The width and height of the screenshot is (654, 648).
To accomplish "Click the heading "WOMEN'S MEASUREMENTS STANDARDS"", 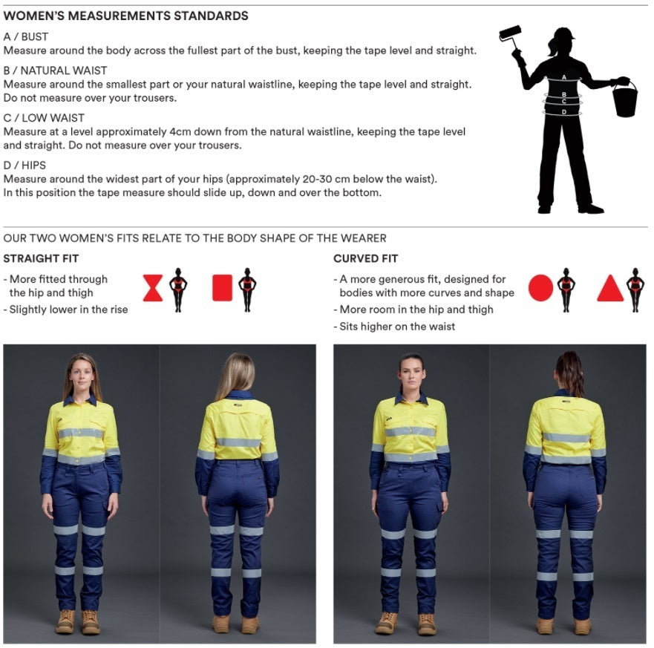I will click(125, 16).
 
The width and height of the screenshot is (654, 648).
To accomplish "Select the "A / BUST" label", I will click(26, 36).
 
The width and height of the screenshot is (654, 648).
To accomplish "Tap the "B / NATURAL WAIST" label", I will click(55, 71).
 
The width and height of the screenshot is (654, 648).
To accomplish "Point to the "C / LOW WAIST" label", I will click(44, 118).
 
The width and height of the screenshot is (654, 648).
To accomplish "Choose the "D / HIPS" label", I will click(24, 166).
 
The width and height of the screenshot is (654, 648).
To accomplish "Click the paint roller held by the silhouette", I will click(510, 34).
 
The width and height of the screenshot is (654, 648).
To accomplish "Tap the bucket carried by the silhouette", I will click(624, 99).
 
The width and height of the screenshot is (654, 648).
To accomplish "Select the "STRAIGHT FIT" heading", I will click(41, 259).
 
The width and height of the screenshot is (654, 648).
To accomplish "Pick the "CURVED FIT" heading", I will click(366, 259).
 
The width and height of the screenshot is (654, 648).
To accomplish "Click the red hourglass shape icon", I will click(153, 288).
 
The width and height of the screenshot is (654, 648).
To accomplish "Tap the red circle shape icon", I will click(540, 288).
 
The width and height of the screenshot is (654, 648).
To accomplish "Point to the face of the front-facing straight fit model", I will click(82, 375).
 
